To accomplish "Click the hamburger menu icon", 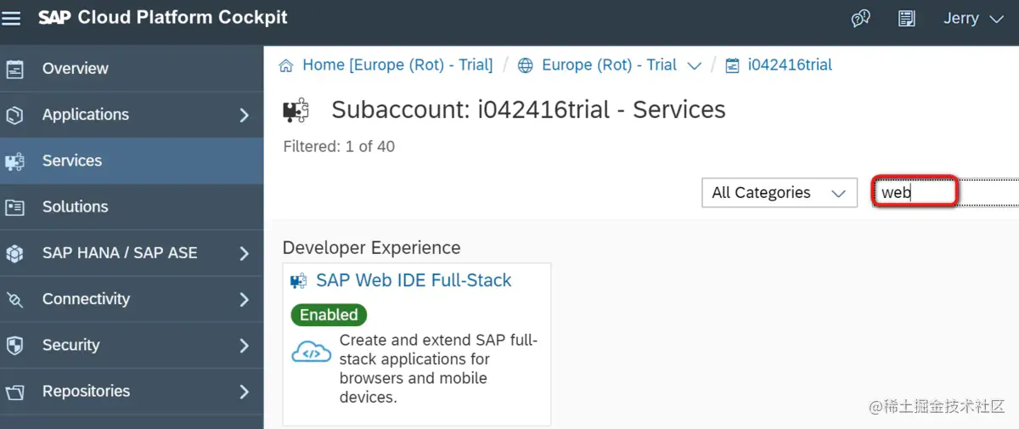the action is tap(11, 18).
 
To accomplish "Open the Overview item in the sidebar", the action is tap(75, 69).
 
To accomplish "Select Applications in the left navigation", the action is tap(85, 115).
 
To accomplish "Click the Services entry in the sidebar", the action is tap(71, 161).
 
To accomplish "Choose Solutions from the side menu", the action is tap(75, 206).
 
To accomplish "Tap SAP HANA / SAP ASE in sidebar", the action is tap(119, 253).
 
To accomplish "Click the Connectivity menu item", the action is tap(86, 299).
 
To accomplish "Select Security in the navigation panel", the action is tap(70, 345).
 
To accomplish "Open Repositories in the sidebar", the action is tap(86, 391).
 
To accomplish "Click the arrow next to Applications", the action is tap(244, 115).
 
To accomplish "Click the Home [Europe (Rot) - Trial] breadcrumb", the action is tap(397, 65).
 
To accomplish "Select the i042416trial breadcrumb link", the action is tap(789, 65).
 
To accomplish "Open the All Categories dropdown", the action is tap(779, 193).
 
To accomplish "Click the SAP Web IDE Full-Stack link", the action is tap(413, 280).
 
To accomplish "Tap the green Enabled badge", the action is tap(329, 314).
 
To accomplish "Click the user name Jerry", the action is tap(961, 19).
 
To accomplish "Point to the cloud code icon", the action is tap(311, 352).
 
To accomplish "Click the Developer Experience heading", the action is tap(371, 248).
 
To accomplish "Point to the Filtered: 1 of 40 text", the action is tap(339, 146).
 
